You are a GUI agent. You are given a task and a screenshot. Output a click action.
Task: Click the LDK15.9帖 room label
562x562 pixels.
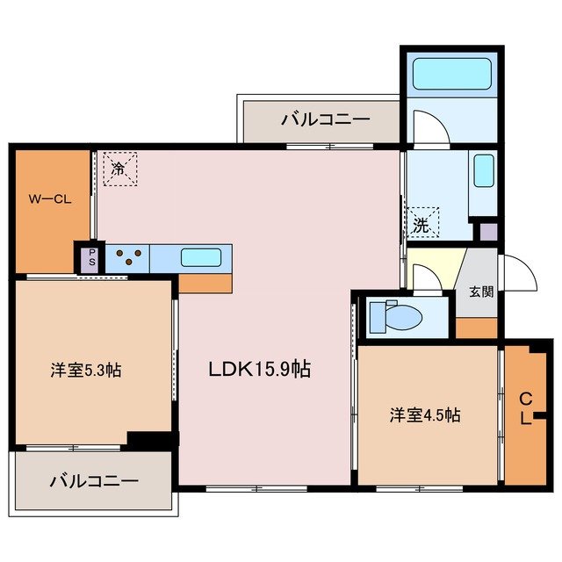258,370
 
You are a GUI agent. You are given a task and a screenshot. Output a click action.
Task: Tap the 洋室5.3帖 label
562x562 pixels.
85,371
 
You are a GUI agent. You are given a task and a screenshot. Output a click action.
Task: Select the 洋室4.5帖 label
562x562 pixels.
425,415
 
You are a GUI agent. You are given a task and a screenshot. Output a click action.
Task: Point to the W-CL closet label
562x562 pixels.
48,198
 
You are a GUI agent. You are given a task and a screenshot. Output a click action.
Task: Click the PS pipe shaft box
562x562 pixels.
90,258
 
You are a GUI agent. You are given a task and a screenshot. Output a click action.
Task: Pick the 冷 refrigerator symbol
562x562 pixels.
119,168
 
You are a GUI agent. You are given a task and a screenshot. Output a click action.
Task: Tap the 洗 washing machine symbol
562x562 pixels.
422,223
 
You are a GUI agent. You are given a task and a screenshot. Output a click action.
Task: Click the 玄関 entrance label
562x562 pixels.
480,292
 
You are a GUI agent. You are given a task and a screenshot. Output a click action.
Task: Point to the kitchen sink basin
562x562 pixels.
200,258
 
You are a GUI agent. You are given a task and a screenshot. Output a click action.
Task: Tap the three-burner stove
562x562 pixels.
128,258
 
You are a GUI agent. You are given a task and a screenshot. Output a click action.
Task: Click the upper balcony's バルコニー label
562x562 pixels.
326,119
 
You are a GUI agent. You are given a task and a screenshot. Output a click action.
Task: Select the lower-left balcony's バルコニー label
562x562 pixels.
94,481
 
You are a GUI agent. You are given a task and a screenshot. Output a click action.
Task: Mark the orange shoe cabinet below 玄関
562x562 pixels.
476,327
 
